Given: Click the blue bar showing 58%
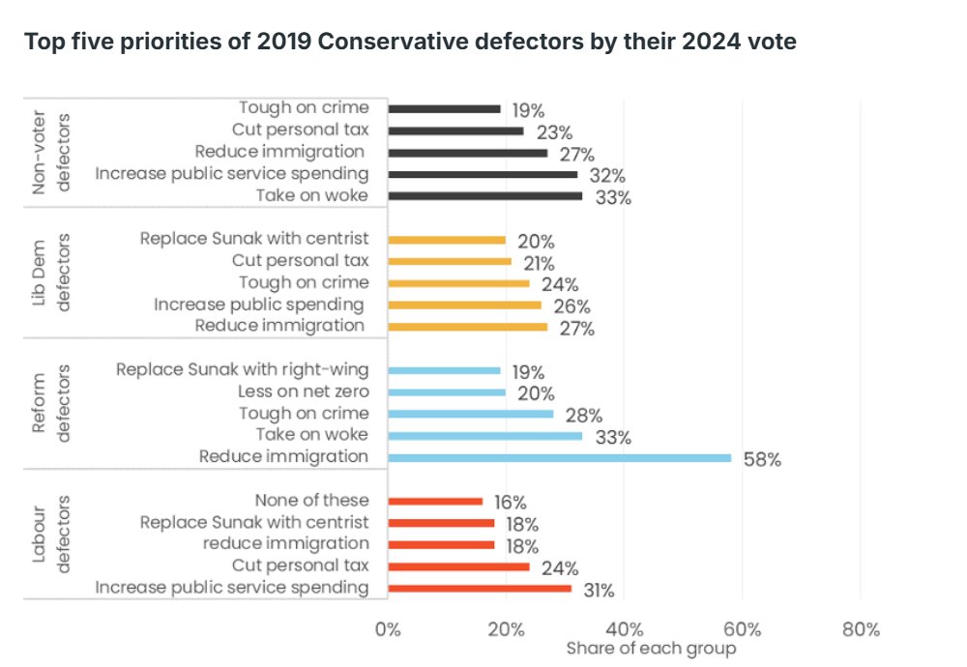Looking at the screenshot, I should click(x=560, y=457).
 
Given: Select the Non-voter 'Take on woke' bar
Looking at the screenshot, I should click(x=485, y=196).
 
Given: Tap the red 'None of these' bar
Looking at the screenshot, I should click(x=435, y=501).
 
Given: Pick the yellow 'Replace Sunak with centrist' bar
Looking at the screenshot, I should click(x=447, y=240).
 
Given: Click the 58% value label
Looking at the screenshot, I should click(x=762, y=460).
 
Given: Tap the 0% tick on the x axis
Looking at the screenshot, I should click(x=388, y=629).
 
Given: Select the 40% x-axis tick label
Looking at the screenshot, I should click(x=624, y=629).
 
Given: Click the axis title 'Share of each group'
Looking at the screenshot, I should click(x=651, y=649).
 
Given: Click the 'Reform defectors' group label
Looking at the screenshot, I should click(x=54, y=403).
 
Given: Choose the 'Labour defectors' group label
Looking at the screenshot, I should click(x=54, y=534).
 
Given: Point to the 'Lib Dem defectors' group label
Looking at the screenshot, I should click(x=54, y=273).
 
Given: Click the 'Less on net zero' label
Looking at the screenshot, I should click(x=303, y=391).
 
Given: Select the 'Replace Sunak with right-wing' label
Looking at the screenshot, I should click(x=242, y=369).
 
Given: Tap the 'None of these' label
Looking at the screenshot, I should click(x=311, y=500).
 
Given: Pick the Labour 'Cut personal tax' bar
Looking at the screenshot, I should click(x=458, y=566).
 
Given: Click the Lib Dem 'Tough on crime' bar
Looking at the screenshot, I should click(x=458, y=283).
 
